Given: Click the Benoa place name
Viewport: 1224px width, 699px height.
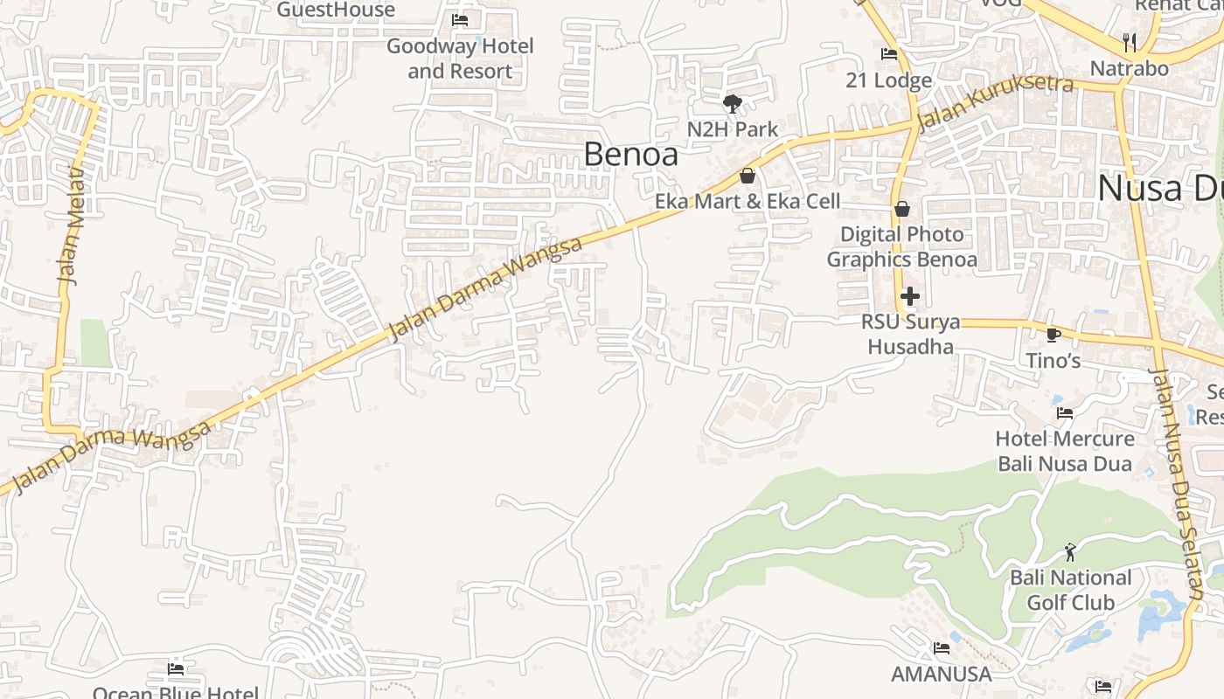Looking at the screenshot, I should (630, 154).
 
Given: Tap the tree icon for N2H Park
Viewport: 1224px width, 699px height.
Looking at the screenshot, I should (732, 104).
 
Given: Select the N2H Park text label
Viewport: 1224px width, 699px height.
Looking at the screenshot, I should (732, 129).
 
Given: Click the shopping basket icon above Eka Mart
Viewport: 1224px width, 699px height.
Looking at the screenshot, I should (748, 176).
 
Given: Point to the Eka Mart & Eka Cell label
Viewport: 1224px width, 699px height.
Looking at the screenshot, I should (748, 201).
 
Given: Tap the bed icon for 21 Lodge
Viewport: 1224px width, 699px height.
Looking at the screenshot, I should (889, 54).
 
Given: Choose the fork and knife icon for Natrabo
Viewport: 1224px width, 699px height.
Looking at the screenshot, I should (1130, 42).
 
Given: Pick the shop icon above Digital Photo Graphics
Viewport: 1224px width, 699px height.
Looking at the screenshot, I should (902, 209).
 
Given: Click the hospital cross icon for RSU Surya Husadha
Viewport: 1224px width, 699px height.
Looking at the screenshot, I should (910, 296).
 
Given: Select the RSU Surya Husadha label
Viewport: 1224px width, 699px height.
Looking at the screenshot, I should (910, 334).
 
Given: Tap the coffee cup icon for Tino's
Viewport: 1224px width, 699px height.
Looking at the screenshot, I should (1054, 335).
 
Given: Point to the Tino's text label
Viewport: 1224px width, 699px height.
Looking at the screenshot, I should (1054, 360).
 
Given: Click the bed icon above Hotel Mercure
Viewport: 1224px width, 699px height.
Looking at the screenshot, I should (1065, 412).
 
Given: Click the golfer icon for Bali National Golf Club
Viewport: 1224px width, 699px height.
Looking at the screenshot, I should (1070, 552).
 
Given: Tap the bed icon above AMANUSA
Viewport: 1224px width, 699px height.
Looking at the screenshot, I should (942, 648).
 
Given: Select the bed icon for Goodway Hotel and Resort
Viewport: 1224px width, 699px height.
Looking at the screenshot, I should (460, 20).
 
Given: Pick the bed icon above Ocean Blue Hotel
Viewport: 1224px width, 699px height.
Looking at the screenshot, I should (176, 669).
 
